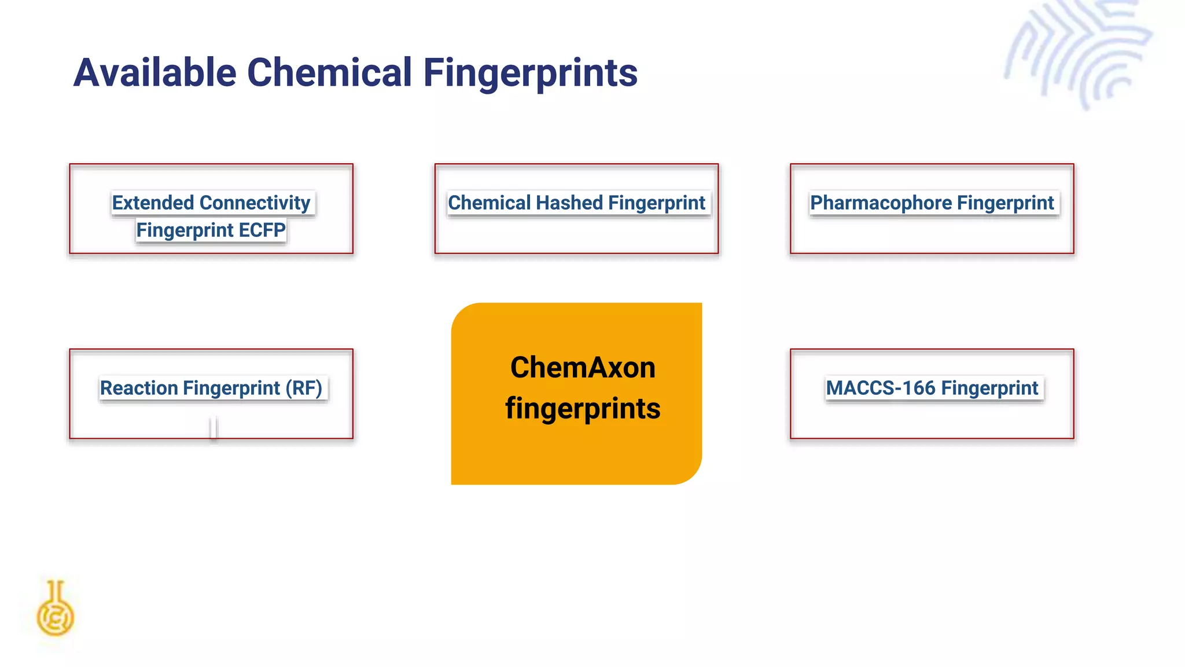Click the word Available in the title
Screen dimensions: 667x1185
tap(155, 73)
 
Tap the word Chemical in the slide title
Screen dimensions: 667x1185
tap(329, 73)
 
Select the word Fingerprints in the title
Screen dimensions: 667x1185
tap(530, 73)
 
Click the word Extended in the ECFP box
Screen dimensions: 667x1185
tap(153, 203)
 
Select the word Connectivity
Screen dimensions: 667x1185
tap(255, 203)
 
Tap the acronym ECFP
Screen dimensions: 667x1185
tap(262, 230)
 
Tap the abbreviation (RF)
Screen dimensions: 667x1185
tap(304, 388)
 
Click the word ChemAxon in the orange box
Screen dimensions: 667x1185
tap(583, 368)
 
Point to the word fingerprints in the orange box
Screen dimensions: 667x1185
tap(583, 408)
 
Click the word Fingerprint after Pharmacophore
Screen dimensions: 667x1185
tap(1005, 203)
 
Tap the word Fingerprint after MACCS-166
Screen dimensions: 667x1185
tap(990, 388)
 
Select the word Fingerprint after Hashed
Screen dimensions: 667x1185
tap(657, 203)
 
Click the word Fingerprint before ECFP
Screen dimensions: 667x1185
tap(185, 230)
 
